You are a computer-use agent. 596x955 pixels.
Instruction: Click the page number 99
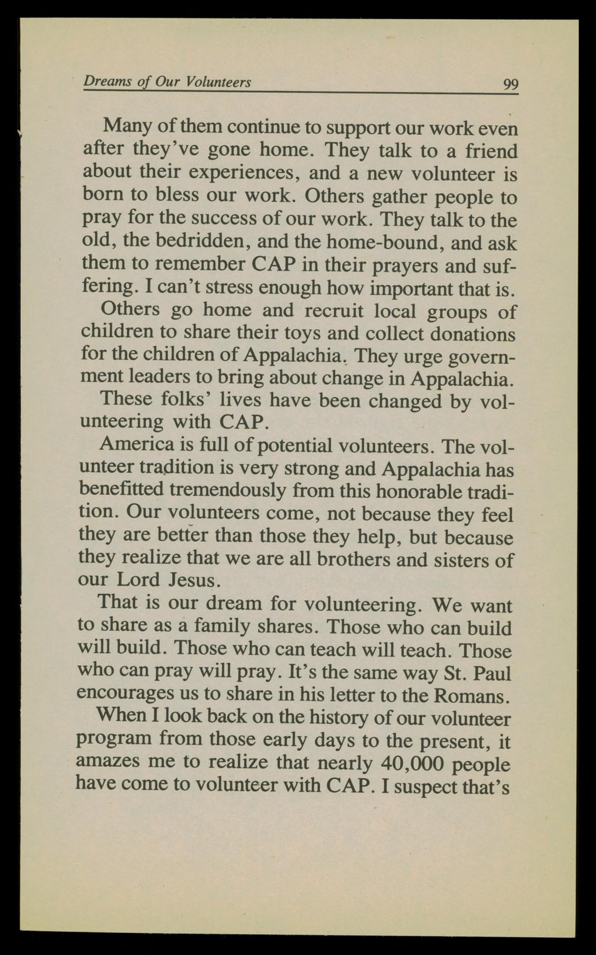510,85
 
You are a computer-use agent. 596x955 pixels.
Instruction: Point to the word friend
491,151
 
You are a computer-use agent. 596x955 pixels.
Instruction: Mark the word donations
472,334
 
